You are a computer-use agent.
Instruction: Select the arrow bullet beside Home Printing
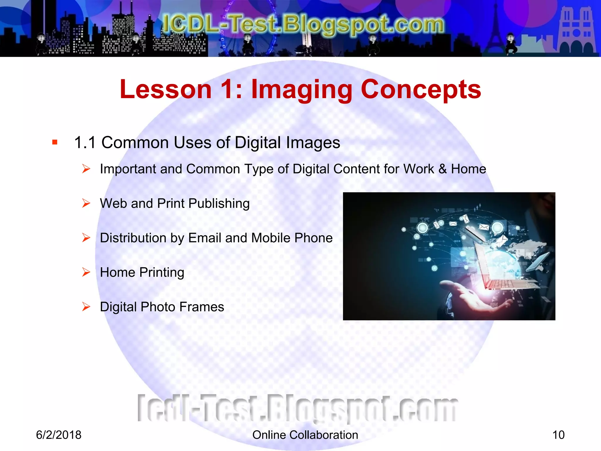click(x=86, y=272)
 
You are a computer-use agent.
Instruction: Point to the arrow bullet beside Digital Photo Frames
click(x=86, y=307)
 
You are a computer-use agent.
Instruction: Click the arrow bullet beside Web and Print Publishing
click(x=86, y=203)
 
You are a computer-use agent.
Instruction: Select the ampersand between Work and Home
click(x=443, y=169)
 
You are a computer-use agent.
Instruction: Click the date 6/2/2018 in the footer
click(x=59, y=435)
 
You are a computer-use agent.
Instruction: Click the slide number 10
click(x=558, y=435)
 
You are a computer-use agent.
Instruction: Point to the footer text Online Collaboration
click(x=305, y=435)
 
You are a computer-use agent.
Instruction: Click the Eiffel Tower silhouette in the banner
click(x=496, y=29)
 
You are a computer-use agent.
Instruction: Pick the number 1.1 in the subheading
click(x=85, y=143)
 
